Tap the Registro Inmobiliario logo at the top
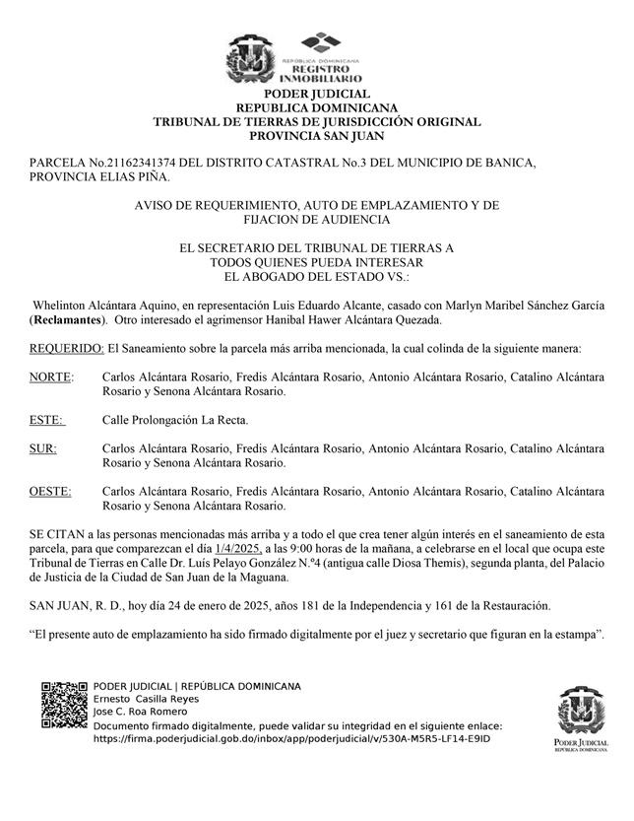(320, 58)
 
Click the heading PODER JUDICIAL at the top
(316, 94)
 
